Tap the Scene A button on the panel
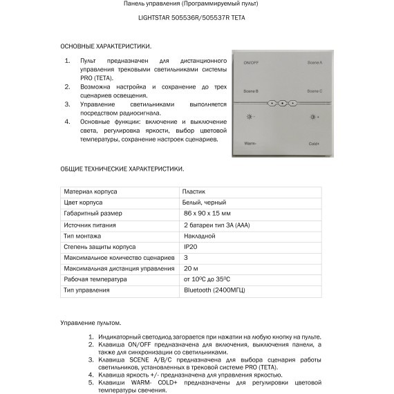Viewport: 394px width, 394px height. click(315, 63)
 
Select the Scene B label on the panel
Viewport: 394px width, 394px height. click(250, 91)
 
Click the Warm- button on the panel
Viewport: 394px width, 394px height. click(250, 144)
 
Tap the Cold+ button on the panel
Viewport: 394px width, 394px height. click(314, 144)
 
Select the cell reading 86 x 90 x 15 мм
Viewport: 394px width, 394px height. click(207, 213)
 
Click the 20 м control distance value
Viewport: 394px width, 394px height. click(191, 268)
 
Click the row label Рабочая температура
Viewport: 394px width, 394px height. click(95, 279)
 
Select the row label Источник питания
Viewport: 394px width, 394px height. click(90, 224)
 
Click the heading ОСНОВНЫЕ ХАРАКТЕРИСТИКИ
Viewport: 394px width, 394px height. click(106, 46)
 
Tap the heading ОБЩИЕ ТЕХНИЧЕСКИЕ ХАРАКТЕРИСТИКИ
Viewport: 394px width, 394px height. click(122, 168)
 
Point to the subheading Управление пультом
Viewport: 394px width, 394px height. click(91, 323)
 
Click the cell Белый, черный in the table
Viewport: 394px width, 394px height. click(204, 202)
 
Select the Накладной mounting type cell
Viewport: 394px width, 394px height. click(200, 235)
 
